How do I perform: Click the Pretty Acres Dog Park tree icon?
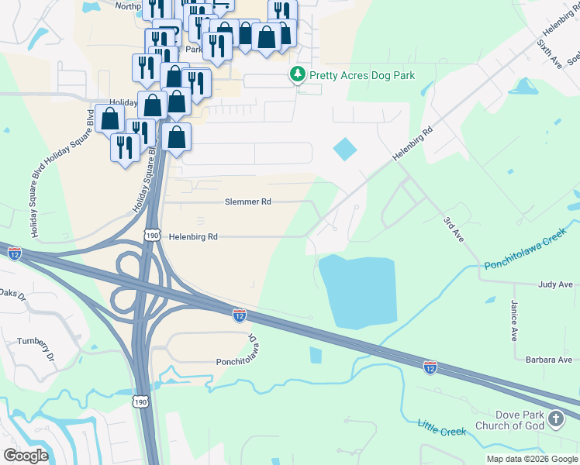coord(297,75)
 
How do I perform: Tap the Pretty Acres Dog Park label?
coord(362,76)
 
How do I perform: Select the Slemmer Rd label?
coord(247,201)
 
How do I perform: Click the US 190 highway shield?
coord(151,235)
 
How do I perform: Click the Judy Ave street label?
coord(555,284)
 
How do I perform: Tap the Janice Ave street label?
coord(514,322)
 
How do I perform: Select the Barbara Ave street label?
coord(548,360)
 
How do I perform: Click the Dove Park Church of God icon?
coord(555,419)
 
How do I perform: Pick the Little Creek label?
coord(441,426)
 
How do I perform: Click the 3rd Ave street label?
coord(453,230)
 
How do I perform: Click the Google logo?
coord(26,455)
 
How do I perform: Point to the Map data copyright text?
coord(533,459)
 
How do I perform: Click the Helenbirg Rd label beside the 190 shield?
coord(194,236)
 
